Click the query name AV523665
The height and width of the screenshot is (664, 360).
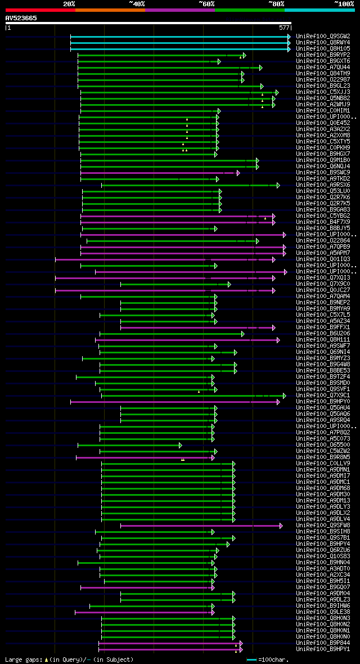(21, 18)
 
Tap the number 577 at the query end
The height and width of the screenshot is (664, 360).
(283, 27)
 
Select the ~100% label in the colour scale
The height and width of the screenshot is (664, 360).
(344, 4)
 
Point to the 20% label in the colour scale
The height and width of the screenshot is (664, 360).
(69, 4)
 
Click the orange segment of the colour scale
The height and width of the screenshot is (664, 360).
(110, 10)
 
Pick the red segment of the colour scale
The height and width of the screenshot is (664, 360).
(40, 10)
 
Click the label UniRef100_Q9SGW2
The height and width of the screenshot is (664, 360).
(323, 36)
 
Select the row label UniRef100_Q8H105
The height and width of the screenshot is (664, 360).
(323, 48)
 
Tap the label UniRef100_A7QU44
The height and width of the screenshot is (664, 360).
(323, 67)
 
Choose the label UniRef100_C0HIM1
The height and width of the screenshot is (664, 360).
(323, 110)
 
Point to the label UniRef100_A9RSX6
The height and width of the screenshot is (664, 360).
(323, 185)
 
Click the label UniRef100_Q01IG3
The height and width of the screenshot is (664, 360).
(323, 259)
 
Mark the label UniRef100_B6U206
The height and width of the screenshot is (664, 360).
(323, 333)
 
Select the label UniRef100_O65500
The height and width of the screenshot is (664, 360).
(323, 445)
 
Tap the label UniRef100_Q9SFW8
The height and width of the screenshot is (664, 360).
(323, 525)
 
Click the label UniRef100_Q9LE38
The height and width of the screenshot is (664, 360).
(323, 612)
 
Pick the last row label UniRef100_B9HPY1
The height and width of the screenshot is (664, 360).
(323, 649)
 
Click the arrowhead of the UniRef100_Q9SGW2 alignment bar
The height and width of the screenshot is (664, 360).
(289, 37)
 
